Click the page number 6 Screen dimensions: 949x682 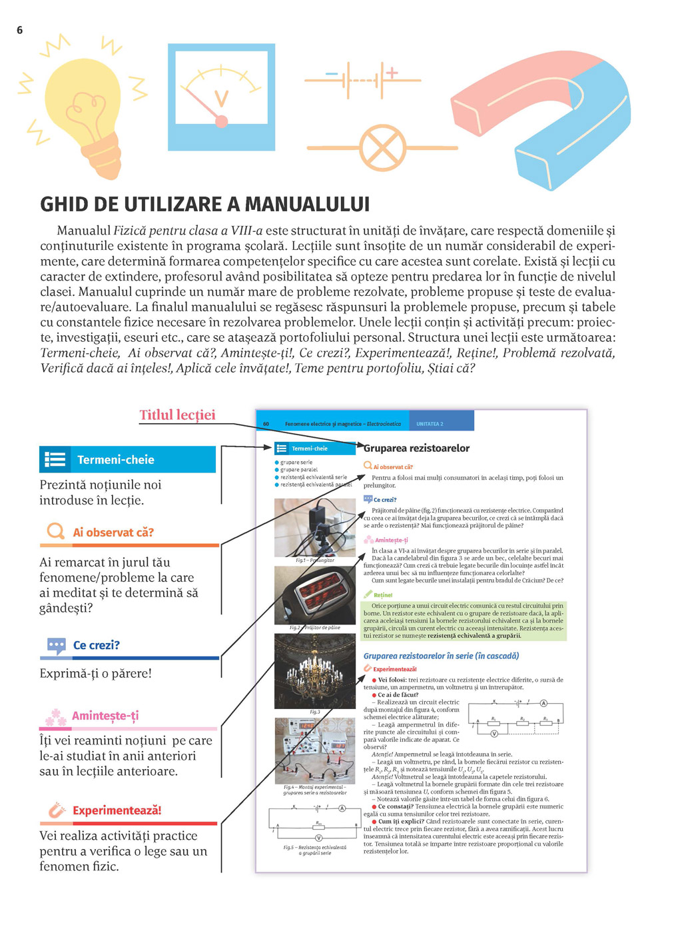(x=19, y=30)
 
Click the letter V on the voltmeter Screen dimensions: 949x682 (x=221, y=99)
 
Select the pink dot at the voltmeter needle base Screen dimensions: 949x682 (x=222, y=121)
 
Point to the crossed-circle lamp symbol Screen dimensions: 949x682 (x=382, y=147)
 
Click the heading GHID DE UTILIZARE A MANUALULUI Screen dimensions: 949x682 (x=204, y=204)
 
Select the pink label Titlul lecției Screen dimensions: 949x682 (x=177, y=415)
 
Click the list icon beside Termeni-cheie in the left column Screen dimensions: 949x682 (x=55, y=459)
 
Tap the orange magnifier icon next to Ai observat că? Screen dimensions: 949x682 (x=55, y=531)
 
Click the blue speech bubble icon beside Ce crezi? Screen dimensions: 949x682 (x=56, y=645)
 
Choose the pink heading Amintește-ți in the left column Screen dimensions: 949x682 (x=105, y=716)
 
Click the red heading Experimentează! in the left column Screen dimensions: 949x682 (x=117, y=810)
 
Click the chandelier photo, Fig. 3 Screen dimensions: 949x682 (x=315, y=670)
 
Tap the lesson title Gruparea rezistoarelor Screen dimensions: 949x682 (x=417, y=448)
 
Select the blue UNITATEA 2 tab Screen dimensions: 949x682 (x=430, y=424)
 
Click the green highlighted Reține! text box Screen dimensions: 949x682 (x=464, y=620)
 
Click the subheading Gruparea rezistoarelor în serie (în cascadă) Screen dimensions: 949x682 (x=441, y=656)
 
